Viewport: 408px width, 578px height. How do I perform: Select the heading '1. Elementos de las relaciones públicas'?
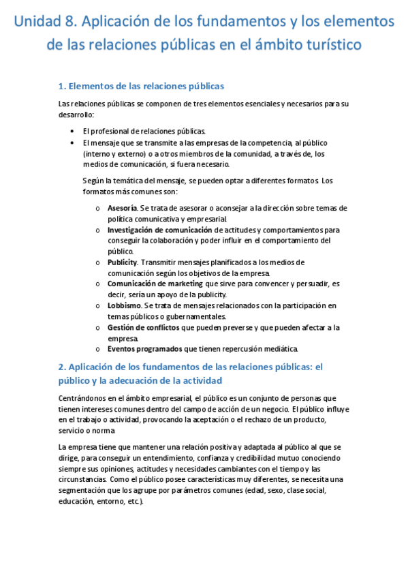point(142,86)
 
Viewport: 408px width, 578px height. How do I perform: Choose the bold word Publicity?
point(123,262)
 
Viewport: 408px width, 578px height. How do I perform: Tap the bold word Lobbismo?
point(124,305)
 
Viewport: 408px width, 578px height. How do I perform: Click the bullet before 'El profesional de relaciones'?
point(73,131)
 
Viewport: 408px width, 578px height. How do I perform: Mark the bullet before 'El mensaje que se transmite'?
point(73,142)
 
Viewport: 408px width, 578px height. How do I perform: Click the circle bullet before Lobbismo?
point(98,306)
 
